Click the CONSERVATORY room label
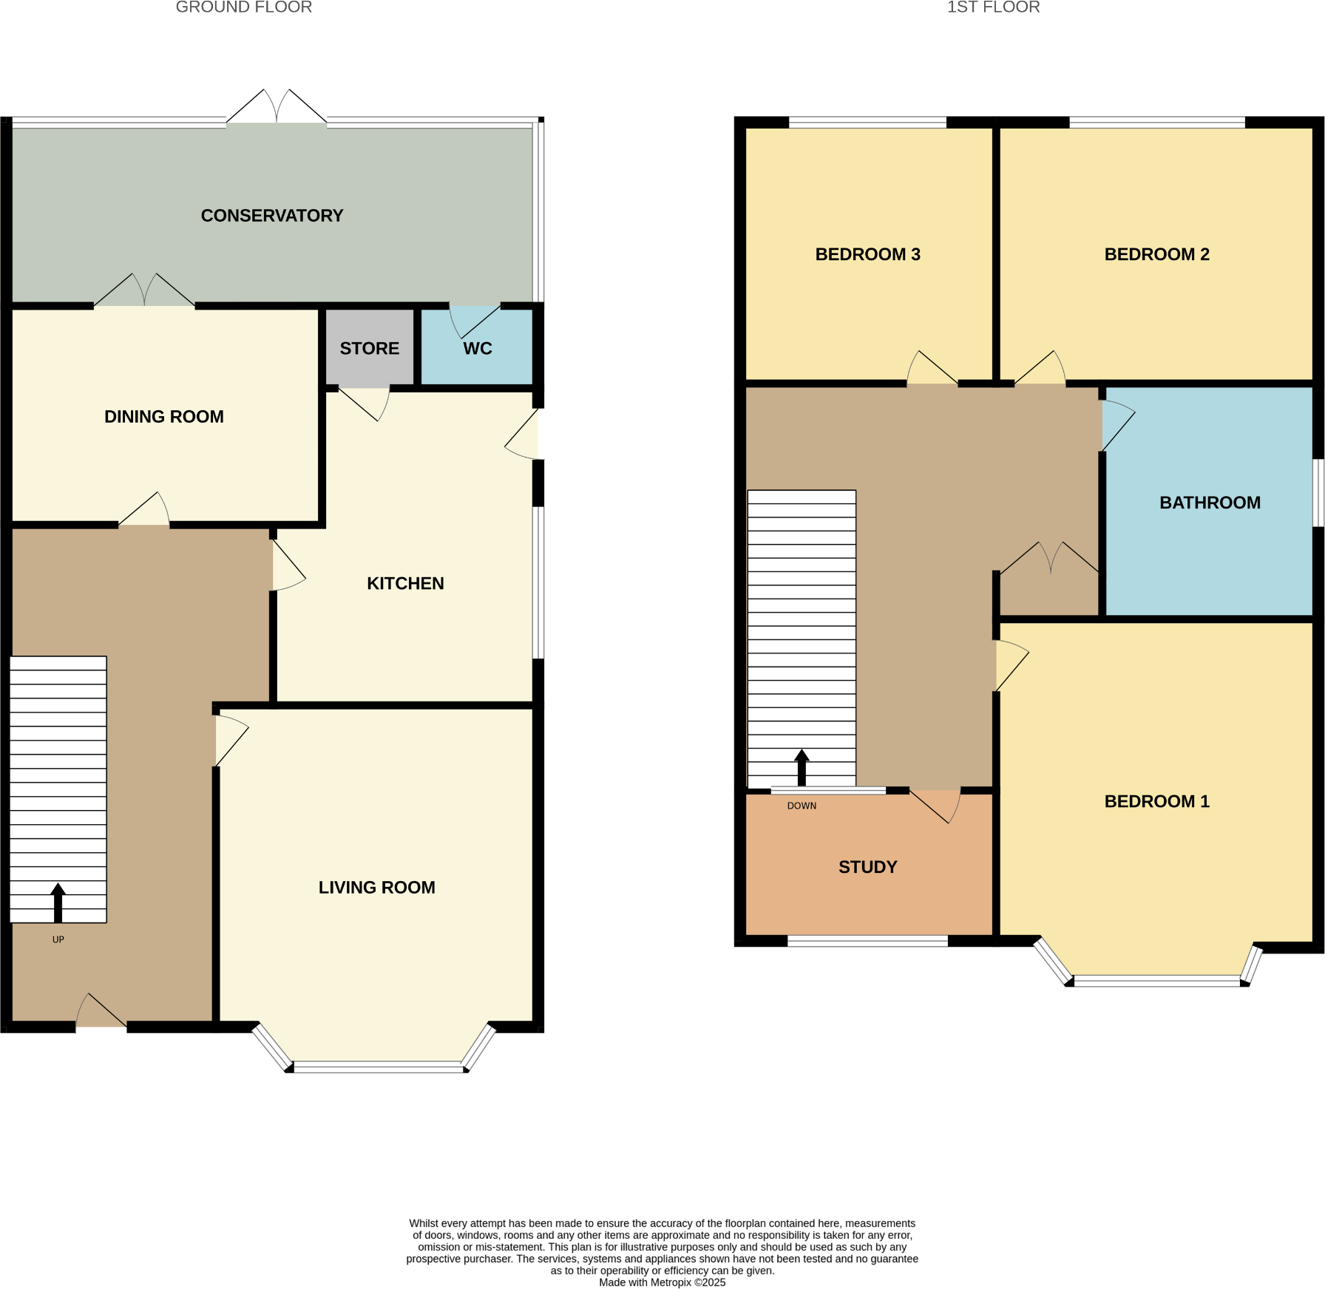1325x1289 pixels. point(272,216)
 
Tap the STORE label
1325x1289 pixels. point(370,348)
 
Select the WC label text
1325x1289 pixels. point(478,349)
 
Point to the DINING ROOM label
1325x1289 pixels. point(164,417)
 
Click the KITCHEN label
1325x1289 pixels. point(405,583)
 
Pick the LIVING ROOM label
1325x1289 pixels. point(377,887)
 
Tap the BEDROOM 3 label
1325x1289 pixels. point(868,254)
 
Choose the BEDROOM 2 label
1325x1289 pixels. point(1157,254)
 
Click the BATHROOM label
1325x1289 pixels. point(1210,503)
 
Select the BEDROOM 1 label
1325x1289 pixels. point(1157,801)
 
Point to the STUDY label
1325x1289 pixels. point(868,867)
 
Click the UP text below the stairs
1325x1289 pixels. point(58,939)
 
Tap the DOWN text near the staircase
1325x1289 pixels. point(802,806)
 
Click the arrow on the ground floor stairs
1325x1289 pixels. point(58,902)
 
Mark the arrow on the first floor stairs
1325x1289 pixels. point(802,768)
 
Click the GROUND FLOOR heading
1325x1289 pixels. point(244,7)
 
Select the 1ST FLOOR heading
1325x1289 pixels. point(994,7)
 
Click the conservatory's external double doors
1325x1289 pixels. point(277,106)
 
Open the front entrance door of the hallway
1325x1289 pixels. point(101,1010)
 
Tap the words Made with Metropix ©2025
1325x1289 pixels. point(662,1282)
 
